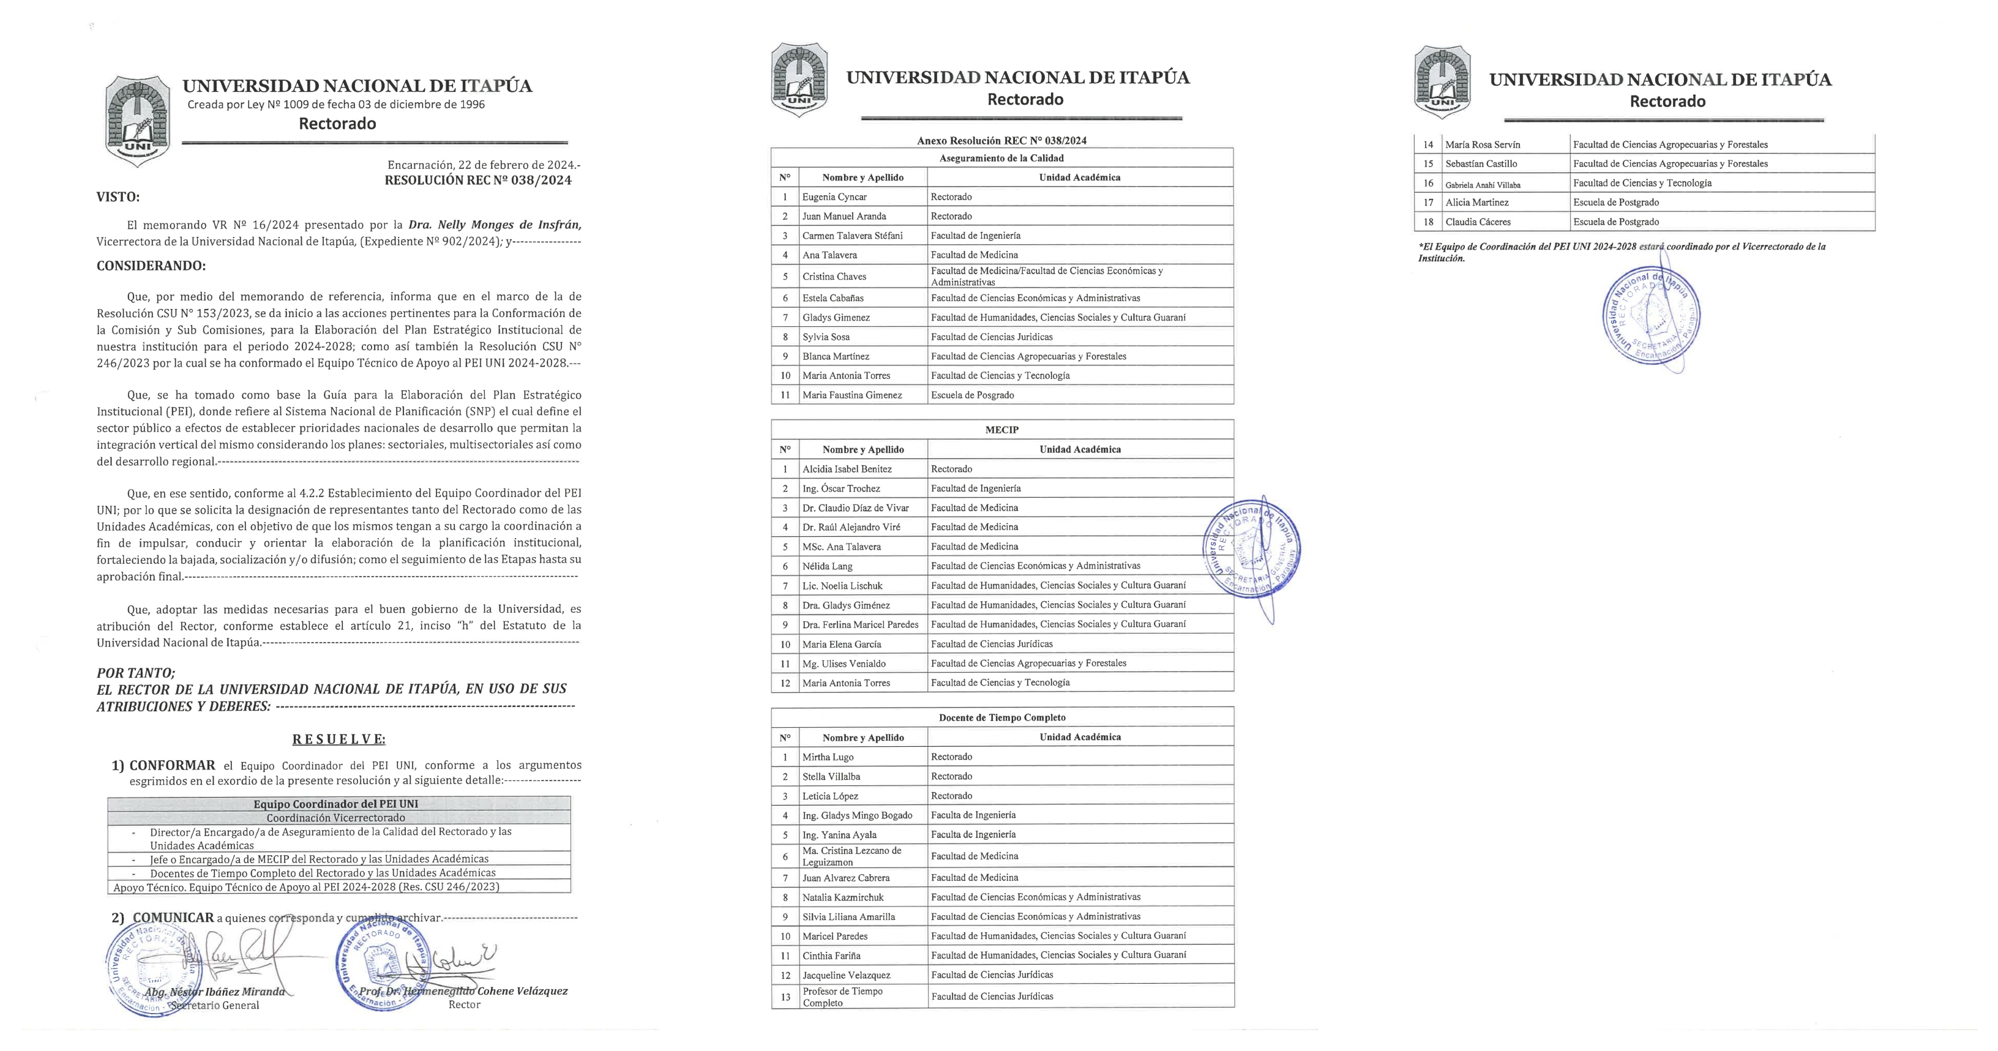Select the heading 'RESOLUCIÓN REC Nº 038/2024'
[x=478, y=181]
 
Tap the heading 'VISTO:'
[x=118, y=197]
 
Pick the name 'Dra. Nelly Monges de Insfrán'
[x=495, y=225]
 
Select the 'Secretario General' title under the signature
[x=215, y=1005]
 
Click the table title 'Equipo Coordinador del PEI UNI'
[x=336, y=804]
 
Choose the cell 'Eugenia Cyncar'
[x=834, y=197]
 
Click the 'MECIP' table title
[x=1001, y=430]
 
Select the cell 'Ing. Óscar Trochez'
[x=841, y=488]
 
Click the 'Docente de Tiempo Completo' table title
[x=1001, y=717]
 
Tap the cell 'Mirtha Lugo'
[x=828, y=757]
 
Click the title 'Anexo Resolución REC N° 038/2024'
[x=1001, y=140]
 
